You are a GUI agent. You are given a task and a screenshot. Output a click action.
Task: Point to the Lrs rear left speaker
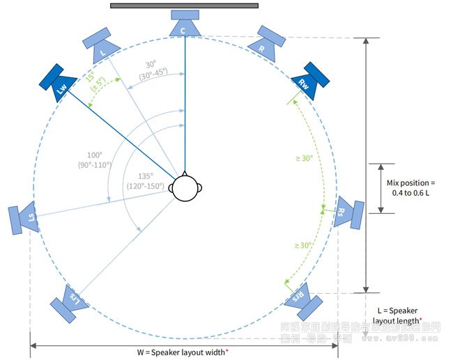[68, 302]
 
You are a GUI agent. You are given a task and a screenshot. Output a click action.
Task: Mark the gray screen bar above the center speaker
[184, 6]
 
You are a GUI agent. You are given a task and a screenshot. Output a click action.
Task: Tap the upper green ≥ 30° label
[303, 158]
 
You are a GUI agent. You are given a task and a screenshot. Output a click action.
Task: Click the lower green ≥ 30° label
[303, 245]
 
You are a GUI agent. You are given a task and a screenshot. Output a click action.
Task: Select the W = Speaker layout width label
[183, 352]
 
